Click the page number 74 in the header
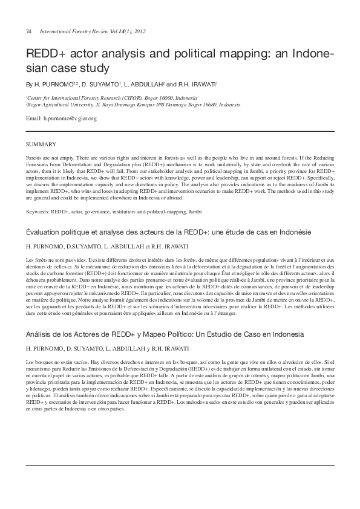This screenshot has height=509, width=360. pos(28,31)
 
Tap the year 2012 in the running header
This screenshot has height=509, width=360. pos(139,31)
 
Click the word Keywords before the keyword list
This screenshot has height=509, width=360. pos(38,212)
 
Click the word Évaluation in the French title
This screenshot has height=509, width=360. pos(43,232)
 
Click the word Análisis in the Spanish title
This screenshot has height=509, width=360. pos(39,334)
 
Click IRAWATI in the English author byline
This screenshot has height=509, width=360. pos(202,84)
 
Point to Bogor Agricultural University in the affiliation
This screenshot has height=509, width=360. pos(60,104)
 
